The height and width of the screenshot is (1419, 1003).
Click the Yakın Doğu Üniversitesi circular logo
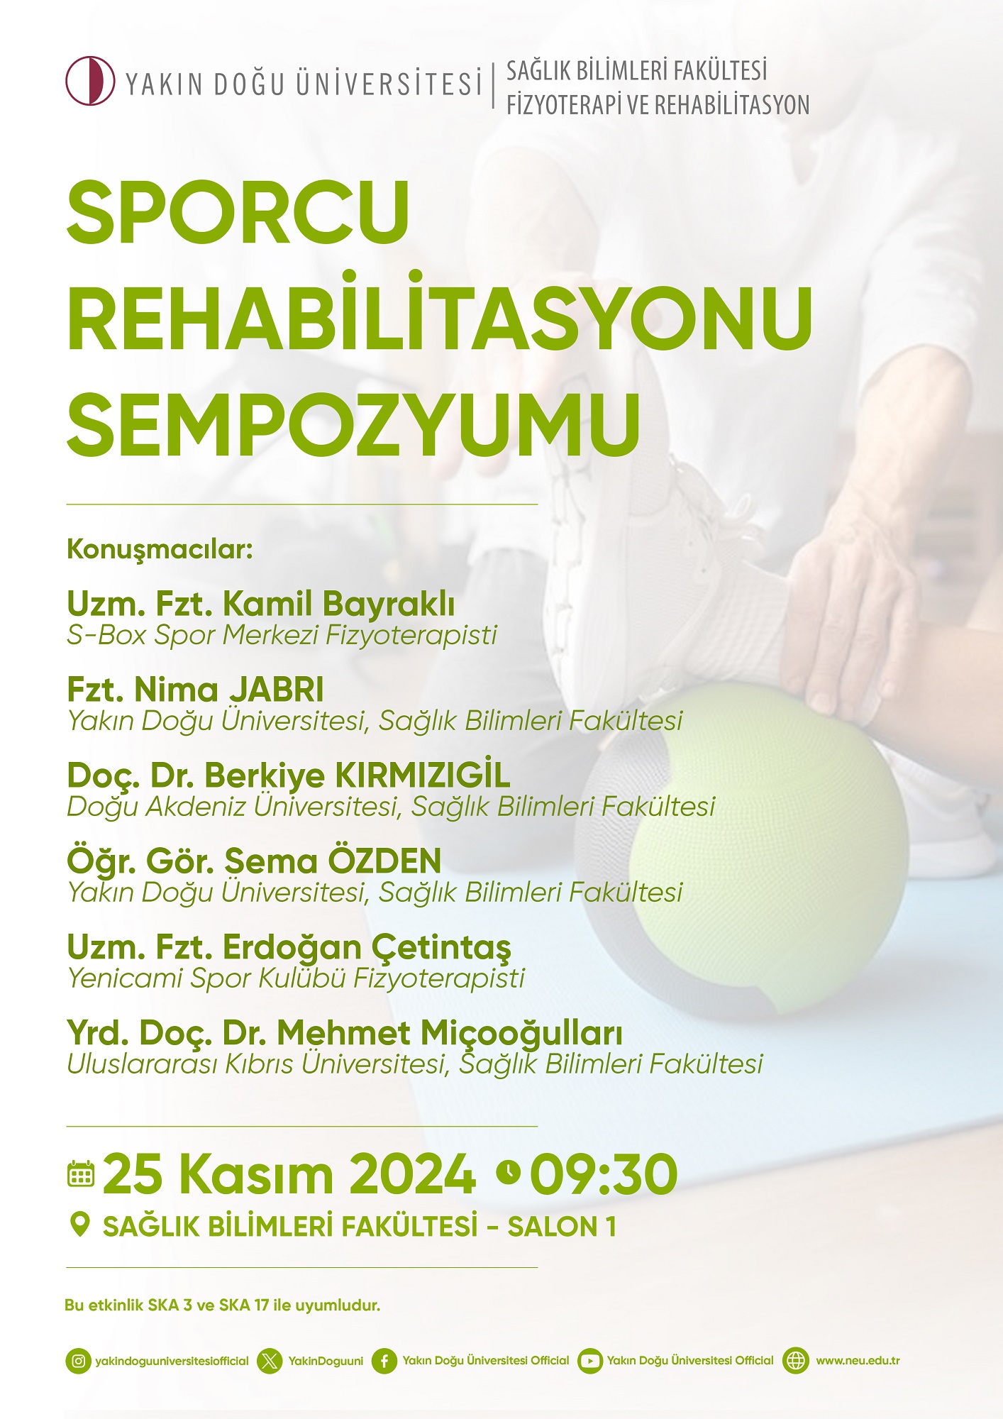point(90,81)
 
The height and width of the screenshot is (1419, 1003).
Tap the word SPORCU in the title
point(238,212)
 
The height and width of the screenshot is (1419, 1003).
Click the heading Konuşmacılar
point(160,550)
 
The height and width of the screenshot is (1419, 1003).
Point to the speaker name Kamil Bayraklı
point(339,604)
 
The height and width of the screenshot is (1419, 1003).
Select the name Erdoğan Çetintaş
point(367,948)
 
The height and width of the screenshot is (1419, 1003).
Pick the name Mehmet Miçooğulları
point(450,1034)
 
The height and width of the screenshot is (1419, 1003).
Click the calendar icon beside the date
point(81,1174)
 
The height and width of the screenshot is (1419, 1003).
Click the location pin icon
point(80,1225)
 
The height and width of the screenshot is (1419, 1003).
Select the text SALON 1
point(562,1227)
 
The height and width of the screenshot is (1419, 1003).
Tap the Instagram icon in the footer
point(79,1361)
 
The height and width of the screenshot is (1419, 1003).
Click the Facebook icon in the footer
point(384,1361)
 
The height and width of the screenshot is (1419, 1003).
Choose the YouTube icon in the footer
point(589,1361)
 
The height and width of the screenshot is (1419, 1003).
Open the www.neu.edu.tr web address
point(858,1361)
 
